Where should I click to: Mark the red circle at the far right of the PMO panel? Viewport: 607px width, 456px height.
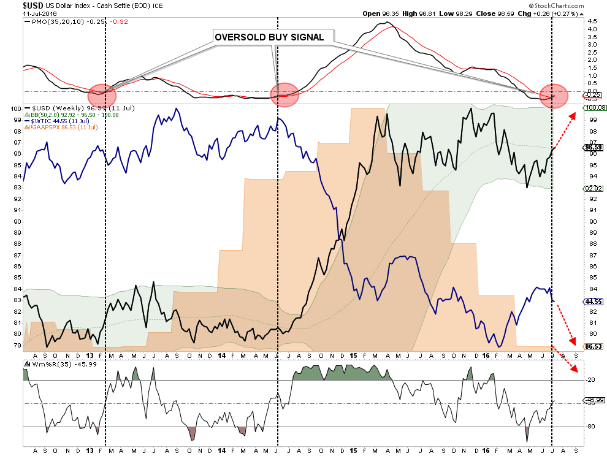[x=554, y=96]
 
